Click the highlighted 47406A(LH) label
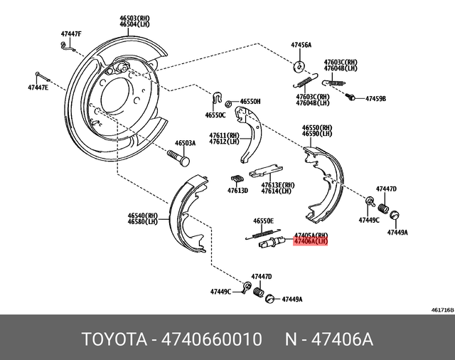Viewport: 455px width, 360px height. (311, 242)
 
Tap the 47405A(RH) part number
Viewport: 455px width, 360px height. (311, 235)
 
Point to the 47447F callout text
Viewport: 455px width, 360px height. (71, 34)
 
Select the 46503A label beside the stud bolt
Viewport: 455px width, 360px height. (185, 143)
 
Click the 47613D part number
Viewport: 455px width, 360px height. (237, 191)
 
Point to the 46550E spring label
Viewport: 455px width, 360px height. (264, 222)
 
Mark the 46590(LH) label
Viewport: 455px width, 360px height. (316, 134)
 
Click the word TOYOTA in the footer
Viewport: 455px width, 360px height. (112, 337)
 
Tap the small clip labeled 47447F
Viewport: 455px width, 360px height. (68, 46)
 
